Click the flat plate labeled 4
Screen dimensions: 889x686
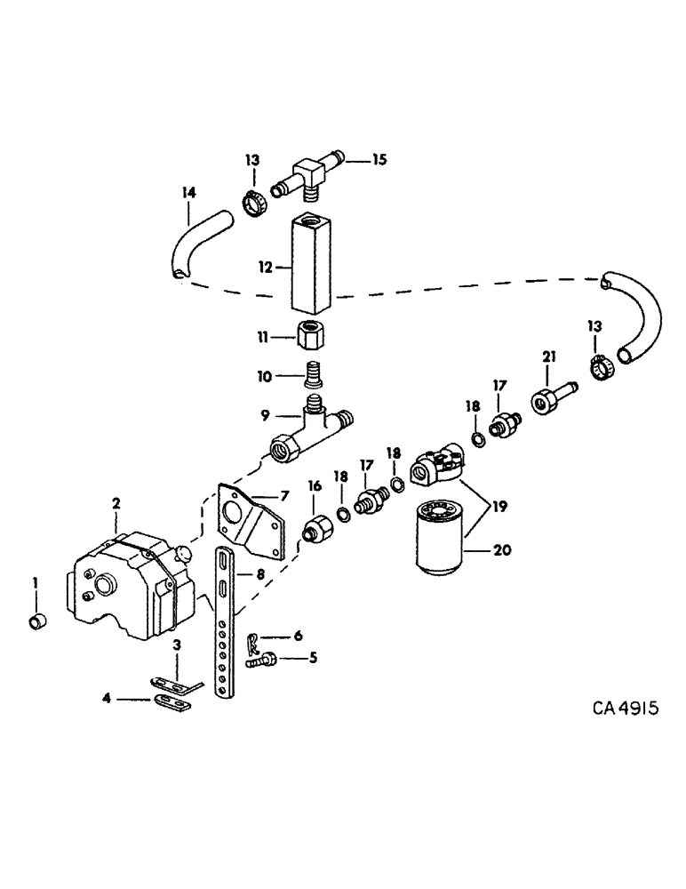[170, 703]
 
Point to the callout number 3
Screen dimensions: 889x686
[178, 644]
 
